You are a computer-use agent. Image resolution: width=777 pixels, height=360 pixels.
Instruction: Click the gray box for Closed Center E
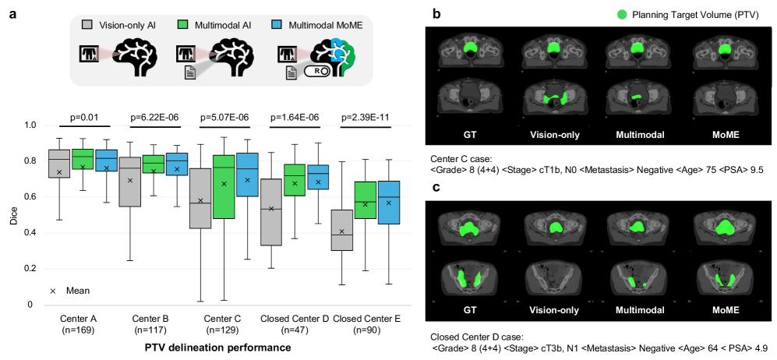click(342, 230)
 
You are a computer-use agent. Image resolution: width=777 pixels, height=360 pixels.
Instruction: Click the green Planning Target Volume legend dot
click(622, 14)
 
